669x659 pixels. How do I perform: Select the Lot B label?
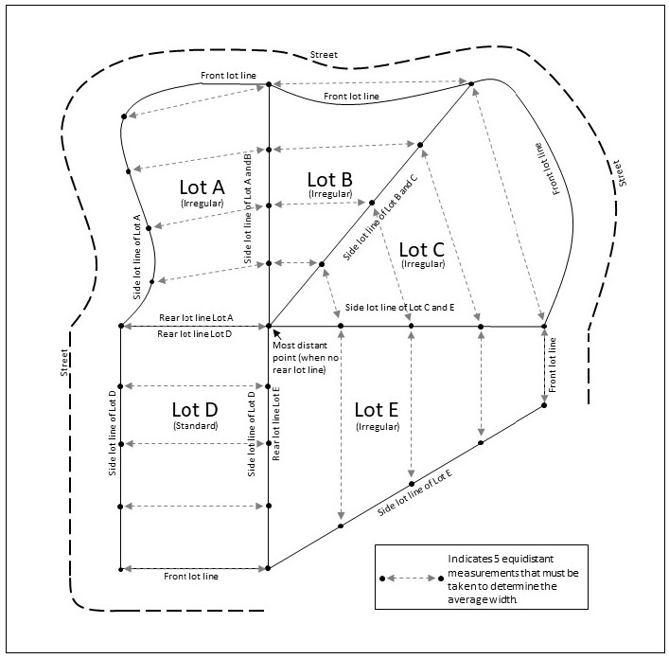330,178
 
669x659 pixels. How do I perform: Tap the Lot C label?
422,250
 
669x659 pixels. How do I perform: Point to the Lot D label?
195,410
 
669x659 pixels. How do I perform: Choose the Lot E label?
377,410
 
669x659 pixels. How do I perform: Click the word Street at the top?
325,54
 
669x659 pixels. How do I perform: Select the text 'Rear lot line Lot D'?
193,334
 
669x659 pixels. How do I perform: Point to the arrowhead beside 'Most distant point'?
275,330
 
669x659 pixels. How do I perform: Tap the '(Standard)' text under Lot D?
195,427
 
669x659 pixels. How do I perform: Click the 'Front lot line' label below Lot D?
192,576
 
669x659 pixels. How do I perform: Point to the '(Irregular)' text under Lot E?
377,427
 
